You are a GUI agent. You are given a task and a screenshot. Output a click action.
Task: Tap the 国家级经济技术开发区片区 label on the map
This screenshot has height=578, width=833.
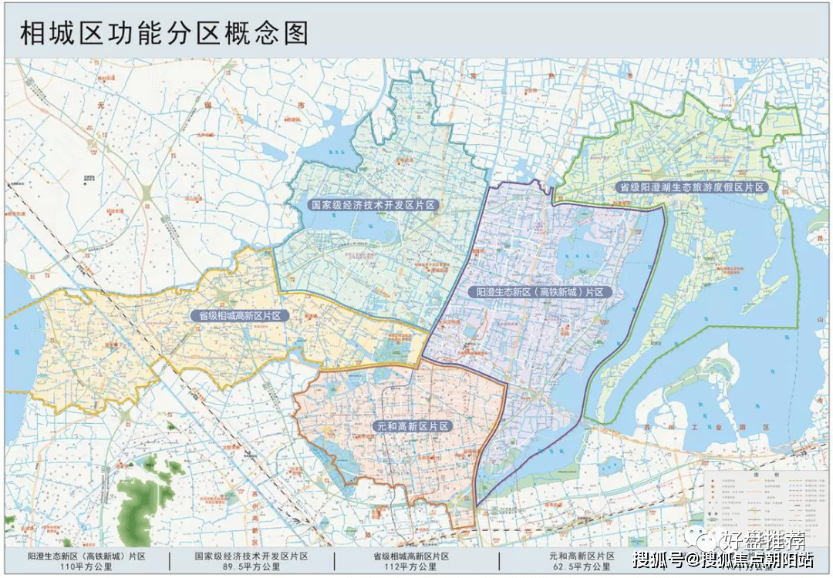point(373,206)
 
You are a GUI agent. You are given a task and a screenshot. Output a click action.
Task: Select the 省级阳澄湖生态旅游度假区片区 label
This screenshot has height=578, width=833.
point(692,187)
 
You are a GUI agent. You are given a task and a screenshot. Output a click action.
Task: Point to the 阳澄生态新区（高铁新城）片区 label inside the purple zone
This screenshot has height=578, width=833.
point(540,293)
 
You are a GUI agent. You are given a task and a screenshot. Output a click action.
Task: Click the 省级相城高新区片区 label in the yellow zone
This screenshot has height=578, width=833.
point(240,315)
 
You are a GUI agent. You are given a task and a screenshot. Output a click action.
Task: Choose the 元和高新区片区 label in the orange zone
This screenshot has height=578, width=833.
point(413,426)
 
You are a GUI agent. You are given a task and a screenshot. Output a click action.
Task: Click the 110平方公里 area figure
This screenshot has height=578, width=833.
point(86,567)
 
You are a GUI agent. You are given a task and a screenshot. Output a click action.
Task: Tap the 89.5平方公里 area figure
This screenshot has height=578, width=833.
point(251,567)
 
